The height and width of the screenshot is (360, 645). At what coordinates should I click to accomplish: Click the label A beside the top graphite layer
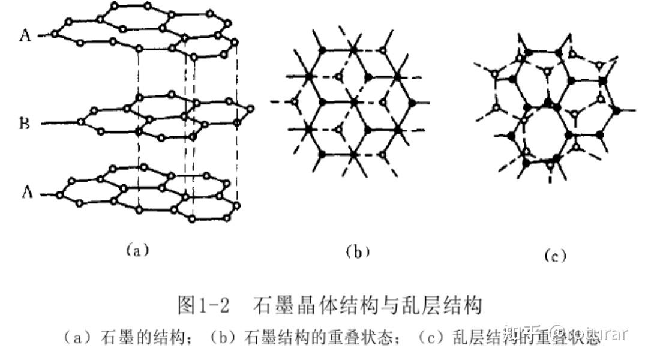[25, 36]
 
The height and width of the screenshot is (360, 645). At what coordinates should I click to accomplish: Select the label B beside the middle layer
[25, 124]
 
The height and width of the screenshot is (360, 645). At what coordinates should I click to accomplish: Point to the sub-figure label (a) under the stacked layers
[137, 250]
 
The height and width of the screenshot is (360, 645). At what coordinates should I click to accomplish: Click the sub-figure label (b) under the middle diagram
[358, 252]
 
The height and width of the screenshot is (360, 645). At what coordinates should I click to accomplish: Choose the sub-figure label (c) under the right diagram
[555, 256]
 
